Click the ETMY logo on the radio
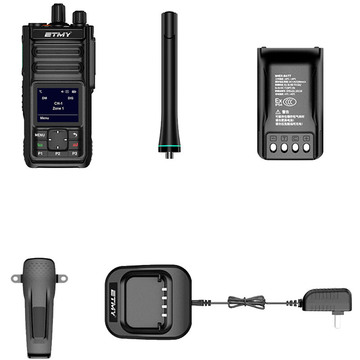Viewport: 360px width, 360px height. [x=57, y=34]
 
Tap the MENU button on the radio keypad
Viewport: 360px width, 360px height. [x=40, y=135]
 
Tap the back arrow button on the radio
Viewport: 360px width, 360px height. [x=75, y=135]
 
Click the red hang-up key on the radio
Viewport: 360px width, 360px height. [x=75, y=144]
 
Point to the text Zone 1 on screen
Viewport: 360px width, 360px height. [x=58, y=108]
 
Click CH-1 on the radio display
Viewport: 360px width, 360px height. [x=58, y=103]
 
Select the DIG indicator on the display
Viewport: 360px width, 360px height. [x=70, y=98]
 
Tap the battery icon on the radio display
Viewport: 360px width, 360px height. [x=74, y=92]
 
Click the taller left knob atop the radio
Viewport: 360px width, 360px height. [x=58, y=13]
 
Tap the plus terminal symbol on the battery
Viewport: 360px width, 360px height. [x=306, y=138]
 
